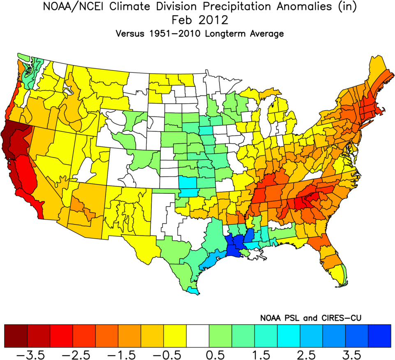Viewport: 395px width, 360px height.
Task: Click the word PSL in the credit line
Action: click(293, 318)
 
